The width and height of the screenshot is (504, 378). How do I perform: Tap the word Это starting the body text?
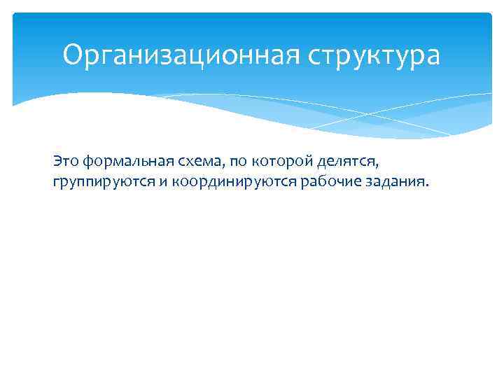point(66,162)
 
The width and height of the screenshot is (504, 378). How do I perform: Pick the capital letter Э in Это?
point(57,162)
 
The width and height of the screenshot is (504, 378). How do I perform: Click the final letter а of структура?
point(433,57)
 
